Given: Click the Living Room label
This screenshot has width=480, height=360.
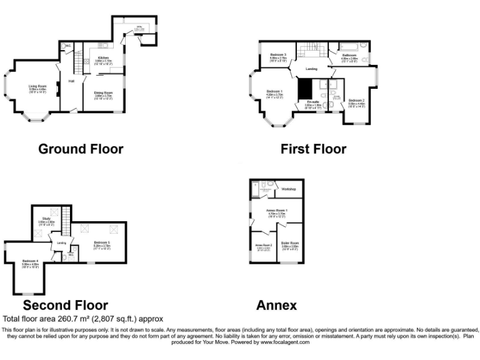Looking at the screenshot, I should click(37, 86).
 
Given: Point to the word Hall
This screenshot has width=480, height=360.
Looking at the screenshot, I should click(72, 81).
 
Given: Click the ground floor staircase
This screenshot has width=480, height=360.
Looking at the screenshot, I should click(79, 62).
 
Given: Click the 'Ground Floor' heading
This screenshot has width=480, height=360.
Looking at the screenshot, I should click(81, 149).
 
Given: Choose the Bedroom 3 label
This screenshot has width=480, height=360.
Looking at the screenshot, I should click(279, 55).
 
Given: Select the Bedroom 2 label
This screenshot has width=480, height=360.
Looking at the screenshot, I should click(356, 101).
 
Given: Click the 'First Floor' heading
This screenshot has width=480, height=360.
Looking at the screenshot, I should click(313, 149).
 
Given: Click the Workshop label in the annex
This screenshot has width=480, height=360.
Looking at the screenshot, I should click(288, 188).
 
